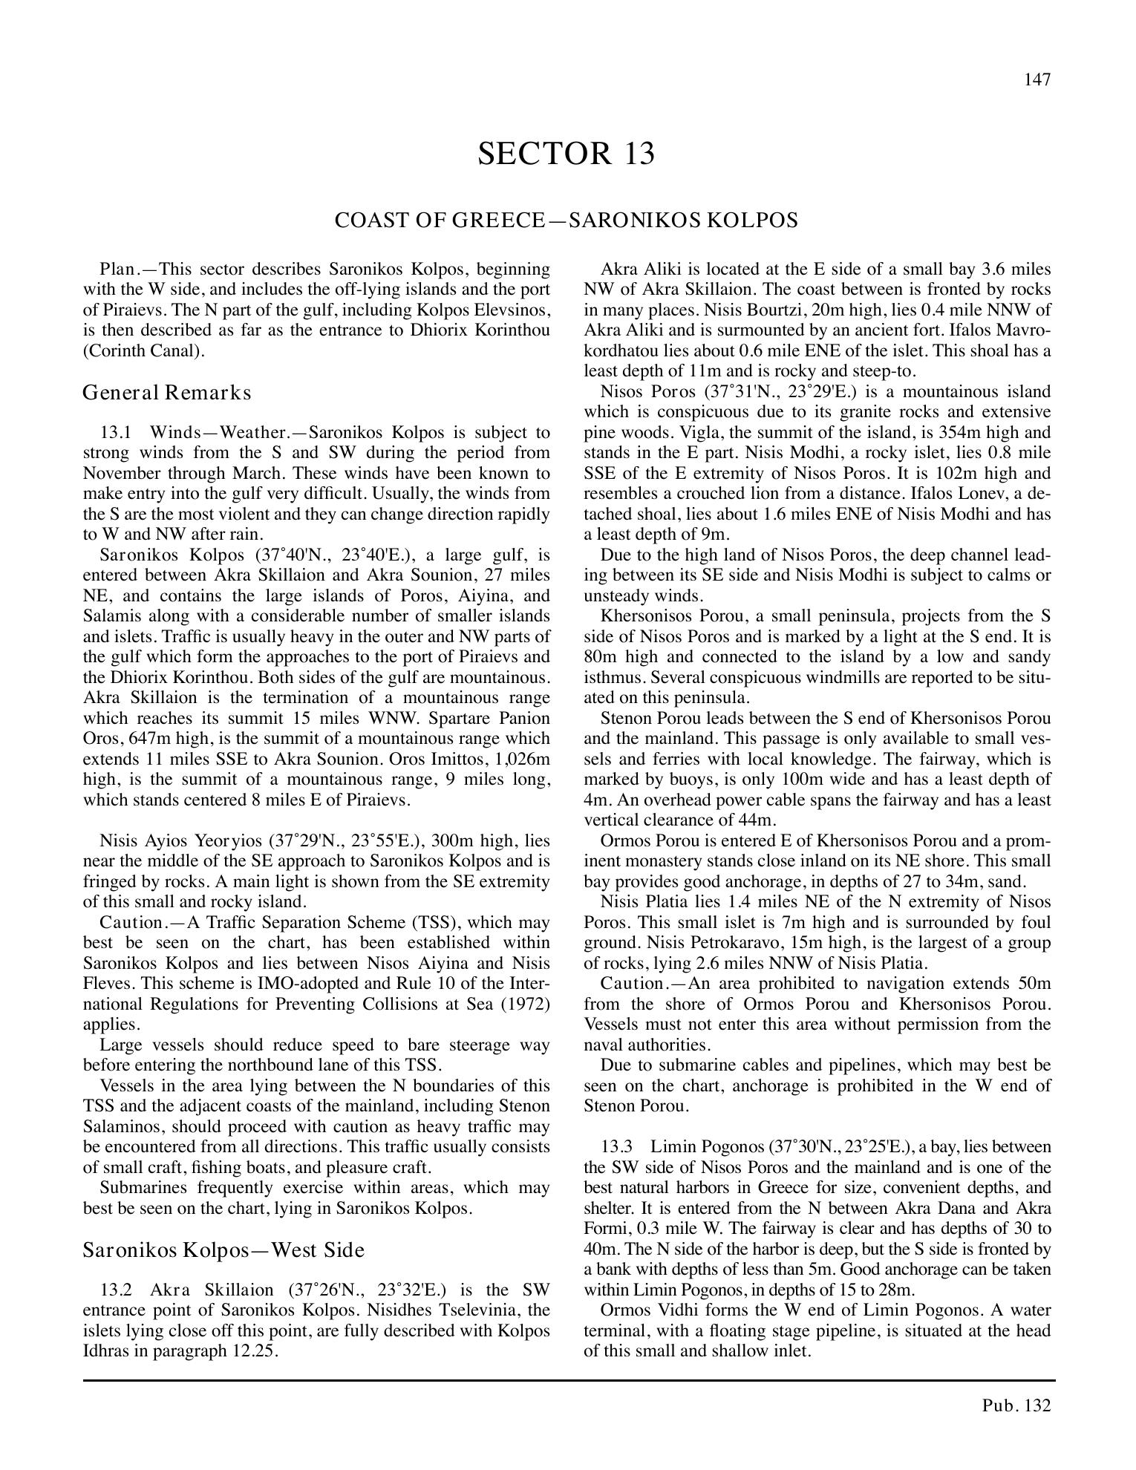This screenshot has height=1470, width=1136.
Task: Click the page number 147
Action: pyautogui.click(x=1037, y=80)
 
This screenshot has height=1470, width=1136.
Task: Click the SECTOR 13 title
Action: pyautogui.click(x=566, y=154)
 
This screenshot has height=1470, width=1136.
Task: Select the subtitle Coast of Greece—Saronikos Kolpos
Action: pyautogui.click(x=566, y=220)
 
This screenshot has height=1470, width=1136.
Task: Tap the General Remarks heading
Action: pyautogui.click(x=167, y=392)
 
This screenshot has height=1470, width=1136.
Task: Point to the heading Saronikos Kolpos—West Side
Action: pyautogui.click(x=223, y=1250)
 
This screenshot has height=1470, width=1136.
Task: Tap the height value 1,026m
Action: pyautogui.click(x=520, y=759)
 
